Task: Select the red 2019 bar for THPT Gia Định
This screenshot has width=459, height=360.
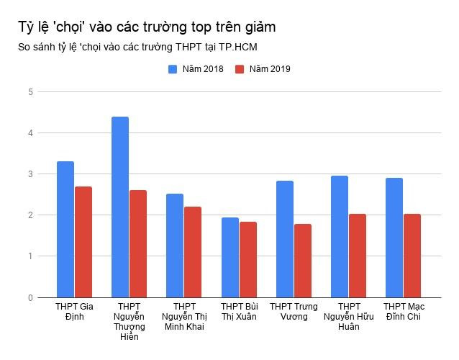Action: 83,242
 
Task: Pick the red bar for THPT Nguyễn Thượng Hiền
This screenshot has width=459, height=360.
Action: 138,243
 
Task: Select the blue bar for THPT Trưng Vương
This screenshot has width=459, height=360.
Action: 284,238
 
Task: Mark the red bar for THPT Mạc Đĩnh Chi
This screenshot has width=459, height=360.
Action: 412,255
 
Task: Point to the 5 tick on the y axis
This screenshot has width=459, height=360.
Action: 30,92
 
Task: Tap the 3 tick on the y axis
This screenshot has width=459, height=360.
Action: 30,174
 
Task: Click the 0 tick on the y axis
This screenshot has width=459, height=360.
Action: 30,297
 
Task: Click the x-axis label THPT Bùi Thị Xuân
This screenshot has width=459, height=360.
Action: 239,312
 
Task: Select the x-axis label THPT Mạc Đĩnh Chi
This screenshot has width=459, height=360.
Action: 403,312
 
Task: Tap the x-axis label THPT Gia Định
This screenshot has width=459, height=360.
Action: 75,312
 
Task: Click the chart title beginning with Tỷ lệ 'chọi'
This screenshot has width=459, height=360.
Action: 147,27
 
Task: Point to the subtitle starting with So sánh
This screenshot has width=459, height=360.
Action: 138,48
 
